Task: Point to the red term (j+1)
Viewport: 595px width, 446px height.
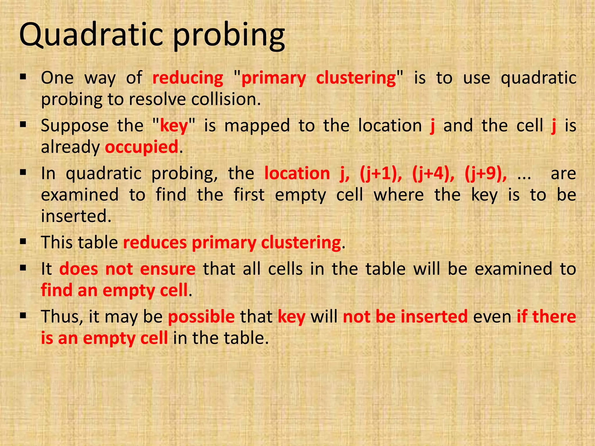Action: coord(381,174)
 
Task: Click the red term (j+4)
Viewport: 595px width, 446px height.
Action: coord(433,174)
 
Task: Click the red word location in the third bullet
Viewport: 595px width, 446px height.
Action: coord(297,174)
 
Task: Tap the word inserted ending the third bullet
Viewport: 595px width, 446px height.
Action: coord(76,216)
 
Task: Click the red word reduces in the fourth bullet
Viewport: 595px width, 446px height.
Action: coord(155,243)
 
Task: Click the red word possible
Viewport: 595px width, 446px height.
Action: coord(201,317)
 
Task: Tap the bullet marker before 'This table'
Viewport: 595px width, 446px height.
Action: coord(23,241)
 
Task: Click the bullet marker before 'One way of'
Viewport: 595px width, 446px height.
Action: coord(23,77)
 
